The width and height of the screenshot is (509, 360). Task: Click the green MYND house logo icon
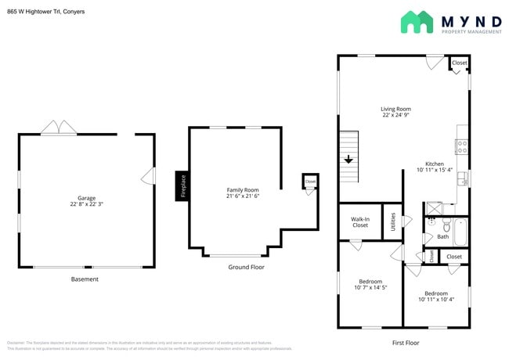click(417, 22)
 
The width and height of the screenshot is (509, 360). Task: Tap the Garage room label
click(86, 198)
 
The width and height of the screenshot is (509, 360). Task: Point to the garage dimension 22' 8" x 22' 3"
click(86, 205)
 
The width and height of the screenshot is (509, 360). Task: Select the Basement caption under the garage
click(85, 279)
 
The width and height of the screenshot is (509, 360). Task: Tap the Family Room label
click(243, 189)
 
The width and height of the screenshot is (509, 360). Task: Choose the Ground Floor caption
click(247, 267)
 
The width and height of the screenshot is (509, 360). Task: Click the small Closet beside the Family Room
click(310, 182)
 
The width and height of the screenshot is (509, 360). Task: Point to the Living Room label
click(395, 109)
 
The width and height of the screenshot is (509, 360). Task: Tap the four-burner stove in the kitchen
click(462, 145)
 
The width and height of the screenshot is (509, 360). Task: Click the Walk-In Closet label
click(359, 221)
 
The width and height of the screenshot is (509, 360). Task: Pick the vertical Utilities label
click(392, 221)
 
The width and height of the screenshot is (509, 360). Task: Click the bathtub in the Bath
click(460, 232)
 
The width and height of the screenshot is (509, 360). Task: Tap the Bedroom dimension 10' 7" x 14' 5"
click(370, 287)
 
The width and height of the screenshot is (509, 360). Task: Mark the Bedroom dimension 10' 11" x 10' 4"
click(436, 299)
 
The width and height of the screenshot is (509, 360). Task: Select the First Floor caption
click(405, 342)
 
